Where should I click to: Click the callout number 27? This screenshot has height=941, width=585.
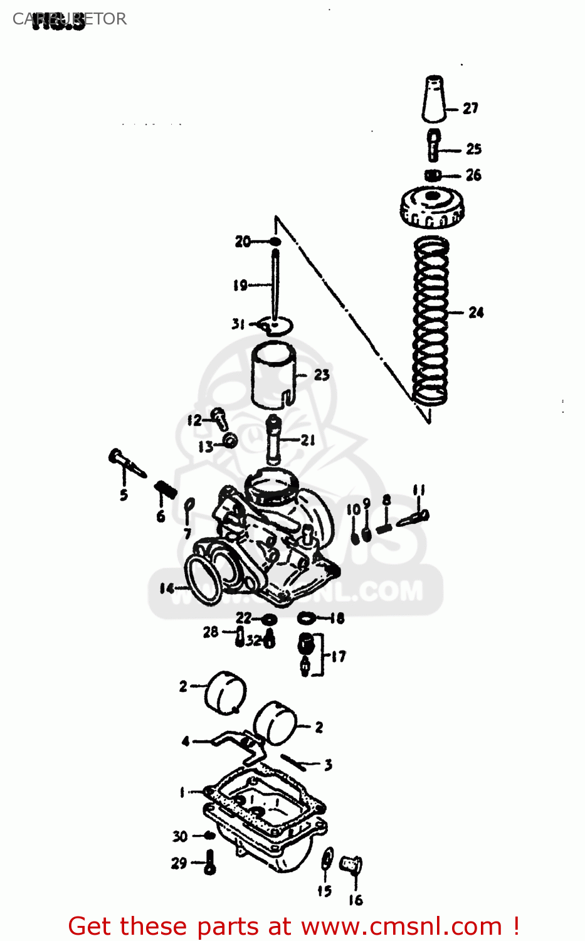pos(470,109)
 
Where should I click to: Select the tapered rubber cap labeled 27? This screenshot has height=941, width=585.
pos(433,99)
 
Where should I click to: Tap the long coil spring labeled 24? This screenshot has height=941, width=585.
pos(431,320)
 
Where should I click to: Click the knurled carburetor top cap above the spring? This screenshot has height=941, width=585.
pos(431,208)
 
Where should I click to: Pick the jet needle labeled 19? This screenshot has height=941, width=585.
pos(275,282)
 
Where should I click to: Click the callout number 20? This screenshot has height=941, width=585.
pos(243,242)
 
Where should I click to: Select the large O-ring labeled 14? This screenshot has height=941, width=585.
pos(204,580)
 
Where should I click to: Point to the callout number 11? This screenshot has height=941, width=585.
pos(419,490)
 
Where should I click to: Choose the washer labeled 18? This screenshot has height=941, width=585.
pos(307,619)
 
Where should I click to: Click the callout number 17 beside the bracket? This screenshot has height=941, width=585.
pos(339,657)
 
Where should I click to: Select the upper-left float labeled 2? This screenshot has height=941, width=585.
pos(225,692)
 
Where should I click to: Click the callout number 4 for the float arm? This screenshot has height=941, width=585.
pos(186,742)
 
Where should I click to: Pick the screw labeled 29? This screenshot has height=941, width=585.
pos(210,863)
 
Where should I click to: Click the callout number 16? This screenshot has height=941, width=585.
pos(356,900)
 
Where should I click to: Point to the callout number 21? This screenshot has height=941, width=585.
pos(307,440)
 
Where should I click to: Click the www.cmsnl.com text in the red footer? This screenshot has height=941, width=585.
pos(402,927)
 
